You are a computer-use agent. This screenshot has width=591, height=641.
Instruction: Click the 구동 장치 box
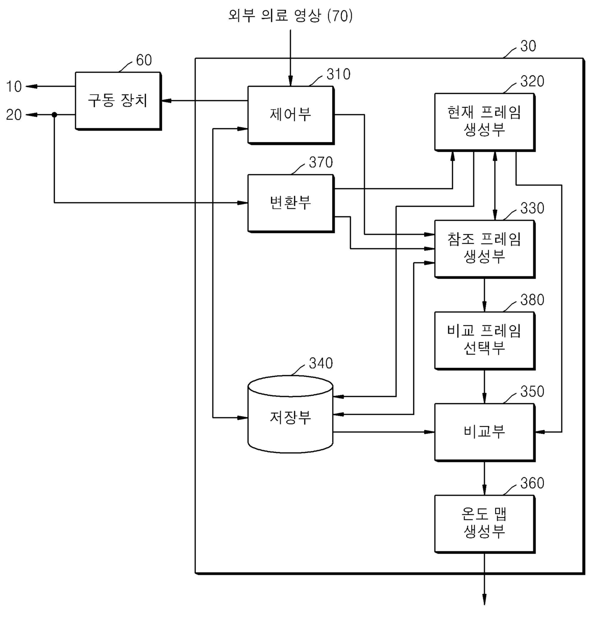coord(118,101)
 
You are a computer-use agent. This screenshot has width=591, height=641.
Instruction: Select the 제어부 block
coord(291,115)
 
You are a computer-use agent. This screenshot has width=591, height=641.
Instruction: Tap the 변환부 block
coord(291,203)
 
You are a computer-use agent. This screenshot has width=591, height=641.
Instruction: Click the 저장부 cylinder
coord(290,414)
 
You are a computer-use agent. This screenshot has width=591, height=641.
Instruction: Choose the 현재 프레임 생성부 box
coord(485,122)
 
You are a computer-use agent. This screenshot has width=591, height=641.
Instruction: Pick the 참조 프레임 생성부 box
coord(485,249)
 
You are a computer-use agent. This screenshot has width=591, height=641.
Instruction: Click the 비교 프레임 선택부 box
coord(485,340)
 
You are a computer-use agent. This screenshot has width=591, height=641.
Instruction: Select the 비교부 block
coord(485,432)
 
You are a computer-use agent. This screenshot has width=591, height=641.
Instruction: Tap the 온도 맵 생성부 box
coord(485,524)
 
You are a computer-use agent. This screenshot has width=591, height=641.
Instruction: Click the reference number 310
coord(338,74)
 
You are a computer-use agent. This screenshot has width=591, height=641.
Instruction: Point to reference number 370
coord(321,163)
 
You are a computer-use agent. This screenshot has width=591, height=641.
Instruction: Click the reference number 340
coord(321,364)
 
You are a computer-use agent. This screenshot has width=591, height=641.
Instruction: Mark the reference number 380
coord(532,300)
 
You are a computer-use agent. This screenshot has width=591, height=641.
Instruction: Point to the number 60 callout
coord(144,60)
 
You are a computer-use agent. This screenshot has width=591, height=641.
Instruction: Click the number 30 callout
coord(528,46)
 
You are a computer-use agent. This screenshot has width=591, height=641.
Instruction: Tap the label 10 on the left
coord(14,87)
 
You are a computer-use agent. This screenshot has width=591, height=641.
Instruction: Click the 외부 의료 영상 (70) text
coord(290,15)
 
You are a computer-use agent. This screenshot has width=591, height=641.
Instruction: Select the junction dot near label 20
coord(54,115)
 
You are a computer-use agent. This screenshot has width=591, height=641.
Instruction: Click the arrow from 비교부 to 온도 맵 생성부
coord(484,478)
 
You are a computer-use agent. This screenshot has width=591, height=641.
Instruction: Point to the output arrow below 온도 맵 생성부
coord(484,579)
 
